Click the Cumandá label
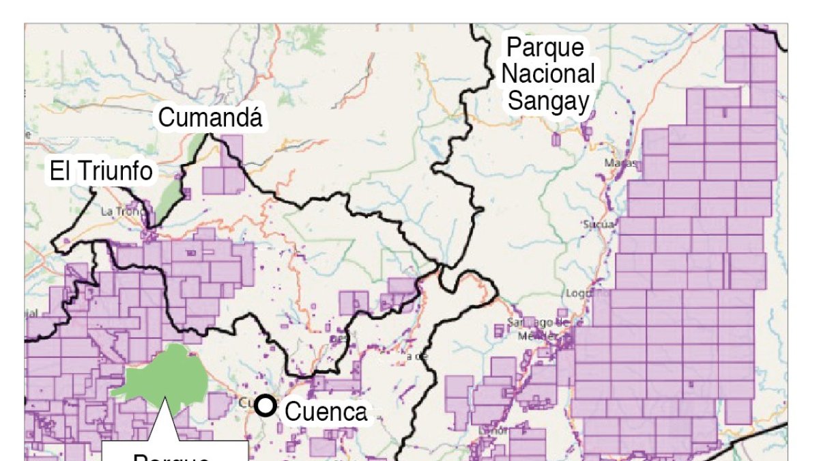point(210,118)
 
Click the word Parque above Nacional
point(545,48)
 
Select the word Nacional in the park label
point(549,74)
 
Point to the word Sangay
point(549,101)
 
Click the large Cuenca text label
point(325,412)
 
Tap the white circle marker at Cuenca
point(266,406)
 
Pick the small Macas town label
point(620,164)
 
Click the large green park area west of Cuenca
point(164,376)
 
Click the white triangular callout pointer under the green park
point(164,423)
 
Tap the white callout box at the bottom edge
point(174,451)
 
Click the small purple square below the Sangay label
point(556,140)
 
